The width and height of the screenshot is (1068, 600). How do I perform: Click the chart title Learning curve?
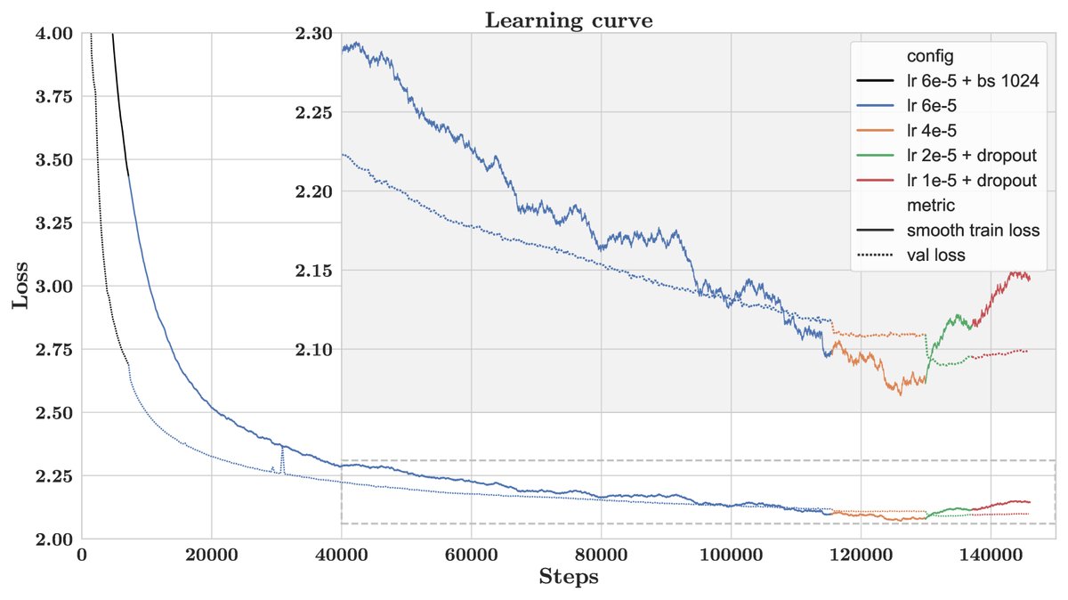(x=568, y=20)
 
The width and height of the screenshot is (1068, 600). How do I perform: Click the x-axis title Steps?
(x=568, y=578)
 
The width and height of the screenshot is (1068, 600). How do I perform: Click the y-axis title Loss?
(x=20, y=285)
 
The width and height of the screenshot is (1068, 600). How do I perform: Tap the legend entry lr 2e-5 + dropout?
(x=971, y=156)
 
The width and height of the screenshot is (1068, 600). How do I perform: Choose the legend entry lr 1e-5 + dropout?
(x=971, y=181)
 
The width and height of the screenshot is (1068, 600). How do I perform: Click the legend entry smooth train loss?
(x=973, y=231)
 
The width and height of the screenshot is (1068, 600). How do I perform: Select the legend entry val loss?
(x=936, y=255)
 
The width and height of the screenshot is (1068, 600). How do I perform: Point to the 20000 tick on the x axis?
(x=211, y=554)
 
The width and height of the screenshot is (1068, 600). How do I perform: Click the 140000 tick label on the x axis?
(x=991, y=554)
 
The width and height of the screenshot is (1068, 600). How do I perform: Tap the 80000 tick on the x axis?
(x=601, y=554)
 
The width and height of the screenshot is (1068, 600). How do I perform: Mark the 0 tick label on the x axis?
(x=81, y=554)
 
